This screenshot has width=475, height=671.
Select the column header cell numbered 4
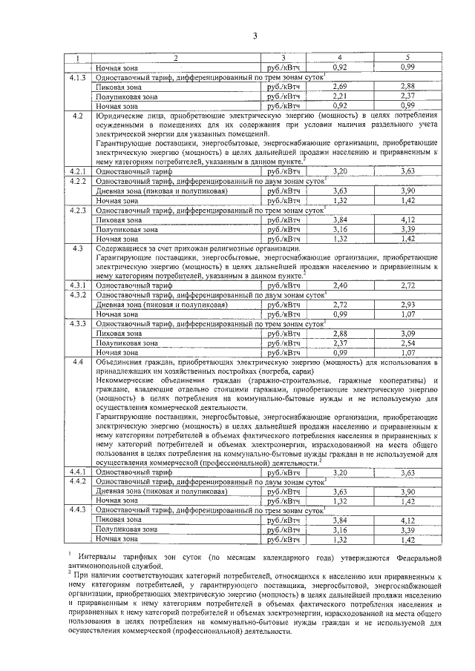click(341, 58)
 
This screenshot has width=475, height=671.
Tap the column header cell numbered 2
click(177, 58)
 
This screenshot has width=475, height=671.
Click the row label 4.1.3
click(79, 77)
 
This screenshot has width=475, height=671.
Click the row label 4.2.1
click(79, 171)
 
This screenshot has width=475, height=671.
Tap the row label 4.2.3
click(79, 210)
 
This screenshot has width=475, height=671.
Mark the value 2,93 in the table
click(407, 305)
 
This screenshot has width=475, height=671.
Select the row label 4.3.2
click(79, 295)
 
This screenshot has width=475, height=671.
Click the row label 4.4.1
click(79, 472)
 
